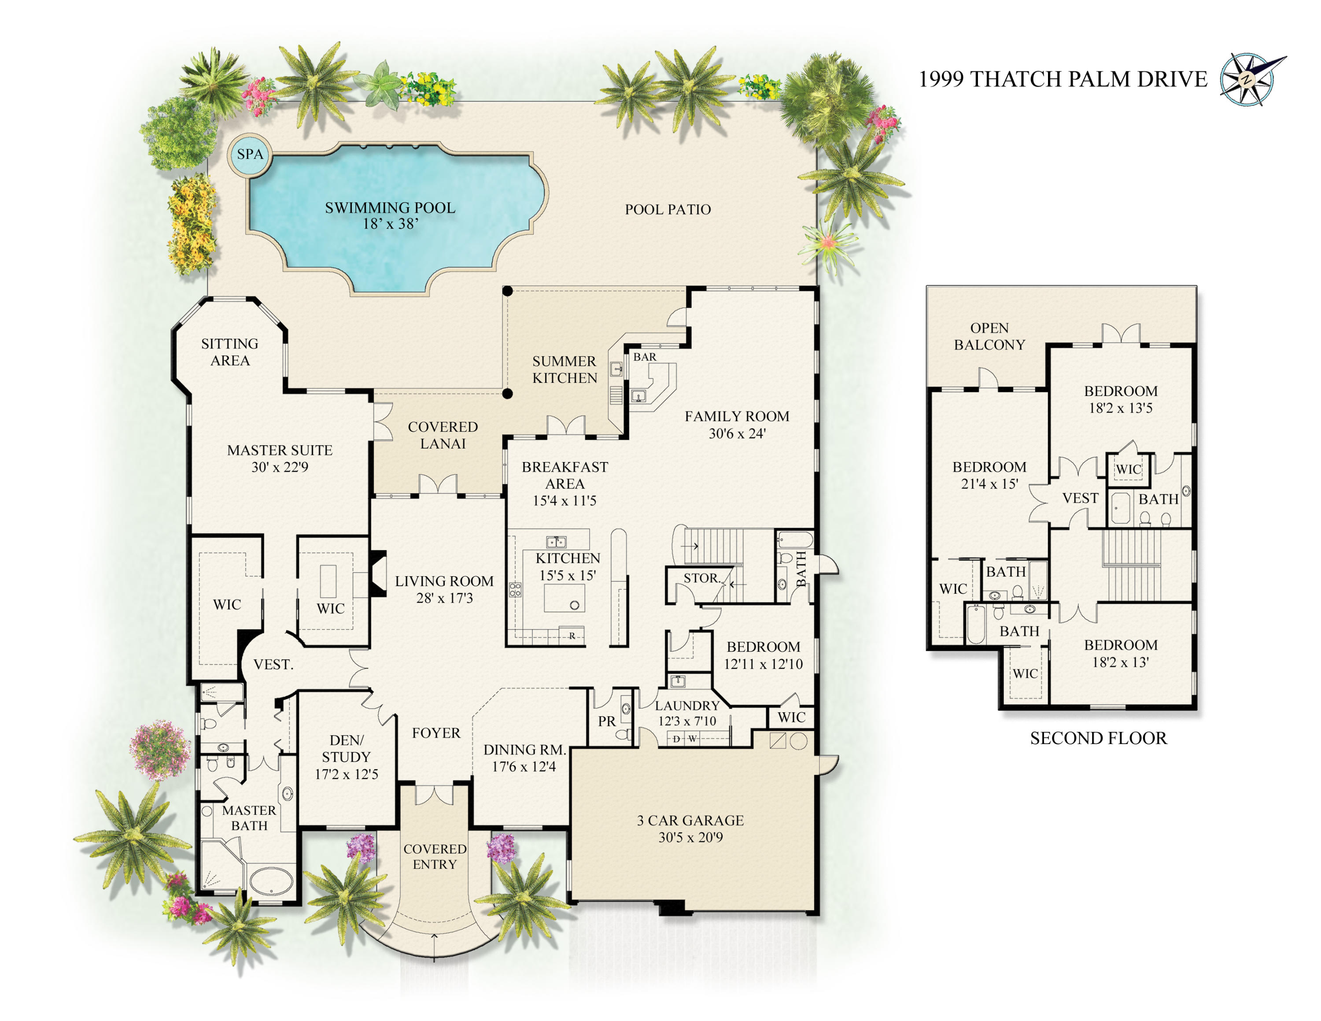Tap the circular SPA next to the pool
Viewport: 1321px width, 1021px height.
point(250,154)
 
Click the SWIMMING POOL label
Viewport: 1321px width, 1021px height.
point(390,207)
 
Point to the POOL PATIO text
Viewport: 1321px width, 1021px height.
point(668,209)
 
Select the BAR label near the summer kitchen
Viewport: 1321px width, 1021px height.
point(645,357)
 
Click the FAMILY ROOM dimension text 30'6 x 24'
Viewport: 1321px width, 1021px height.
point(737,433)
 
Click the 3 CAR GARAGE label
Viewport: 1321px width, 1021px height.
point(690,820)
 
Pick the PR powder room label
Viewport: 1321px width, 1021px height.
point(607,721)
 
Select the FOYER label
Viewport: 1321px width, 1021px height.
point(436,732)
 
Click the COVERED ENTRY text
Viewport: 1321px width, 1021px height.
point(435,856)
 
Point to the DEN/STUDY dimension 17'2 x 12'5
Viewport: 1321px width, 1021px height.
point(347,774)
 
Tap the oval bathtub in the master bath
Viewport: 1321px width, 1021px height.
point(272,881)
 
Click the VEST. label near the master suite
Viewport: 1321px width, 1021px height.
point(273,664)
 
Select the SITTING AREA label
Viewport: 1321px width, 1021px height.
point(230,352)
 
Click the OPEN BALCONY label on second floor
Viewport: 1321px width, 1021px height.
point(989,337)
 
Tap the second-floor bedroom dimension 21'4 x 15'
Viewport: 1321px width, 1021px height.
point(989,484)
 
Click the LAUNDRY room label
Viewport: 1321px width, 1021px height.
point(687,705)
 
